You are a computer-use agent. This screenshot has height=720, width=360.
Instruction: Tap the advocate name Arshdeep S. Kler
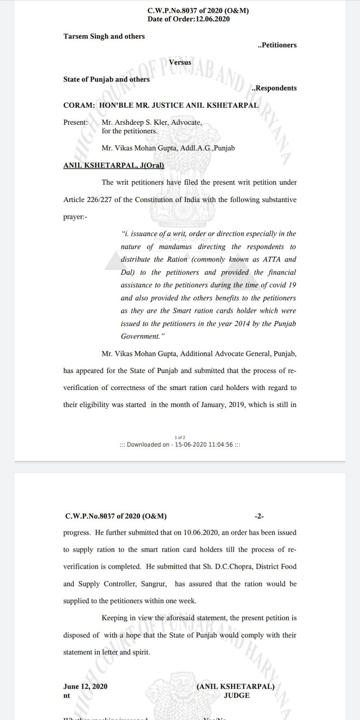[x=135, y=122]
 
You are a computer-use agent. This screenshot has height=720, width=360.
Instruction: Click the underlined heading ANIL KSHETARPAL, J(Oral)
[x=113, y=165]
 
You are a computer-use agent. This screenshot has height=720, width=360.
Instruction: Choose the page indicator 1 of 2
[x=180, y=437]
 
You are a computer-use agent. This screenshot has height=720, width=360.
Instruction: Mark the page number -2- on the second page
[x=260, y=516]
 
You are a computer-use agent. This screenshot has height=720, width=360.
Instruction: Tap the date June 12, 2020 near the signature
[x=85, y=686]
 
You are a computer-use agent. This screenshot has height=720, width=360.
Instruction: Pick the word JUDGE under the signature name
[x=236, y=695]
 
